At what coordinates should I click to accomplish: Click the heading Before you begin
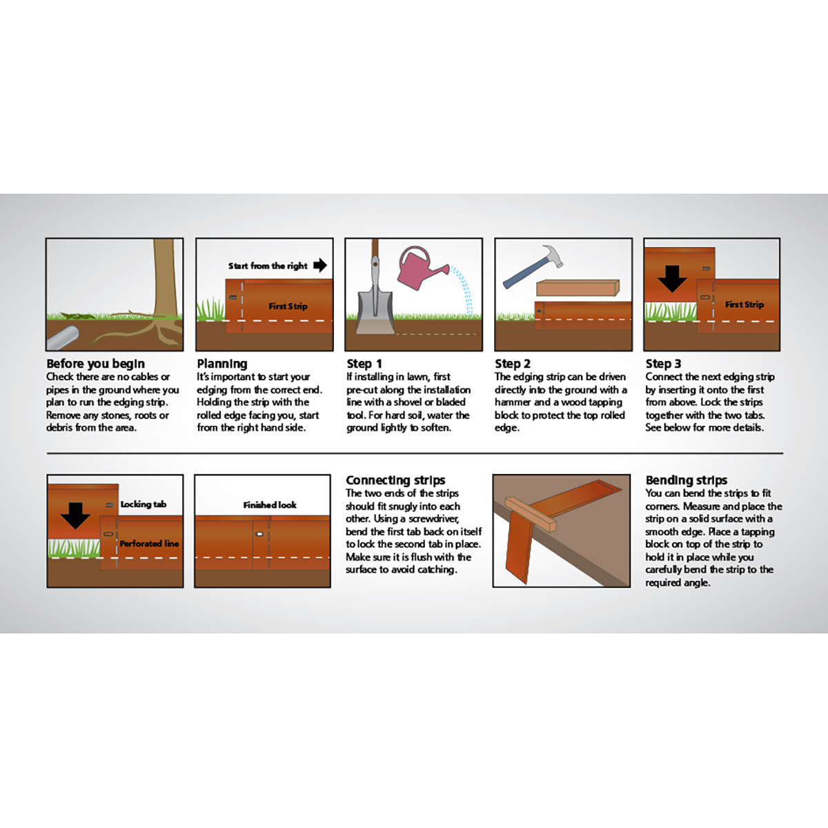tap(95, 364)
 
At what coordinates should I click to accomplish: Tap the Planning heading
tap(222, 364)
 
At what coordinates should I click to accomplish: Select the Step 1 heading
tap(364, 364)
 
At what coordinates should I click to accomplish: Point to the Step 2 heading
tap(513, 364)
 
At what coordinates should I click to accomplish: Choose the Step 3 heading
tap(663, 364)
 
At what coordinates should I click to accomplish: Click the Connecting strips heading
tap(395, 480)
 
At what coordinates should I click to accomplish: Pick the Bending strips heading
tap(686, 480)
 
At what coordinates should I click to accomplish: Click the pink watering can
tap(418, 269)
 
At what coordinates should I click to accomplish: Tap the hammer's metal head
tap(553, 255)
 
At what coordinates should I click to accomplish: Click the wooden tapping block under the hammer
tap(578, 288)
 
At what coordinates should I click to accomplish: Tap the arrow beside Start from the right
tap(320, 265)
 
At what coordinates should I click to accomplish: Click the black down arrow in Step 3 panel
tap(672, 279)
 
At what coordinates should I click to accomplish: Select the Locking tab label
tap(143, 504)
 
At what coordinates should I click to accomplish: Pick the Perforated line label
tap(149, 544)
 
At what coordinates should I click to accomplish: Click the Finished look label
tap(270, 505)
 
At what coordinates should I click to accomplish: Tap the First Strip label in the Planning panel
tap(288, 306)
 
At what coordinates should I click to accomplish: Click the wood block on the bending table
tap(530, 514)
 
